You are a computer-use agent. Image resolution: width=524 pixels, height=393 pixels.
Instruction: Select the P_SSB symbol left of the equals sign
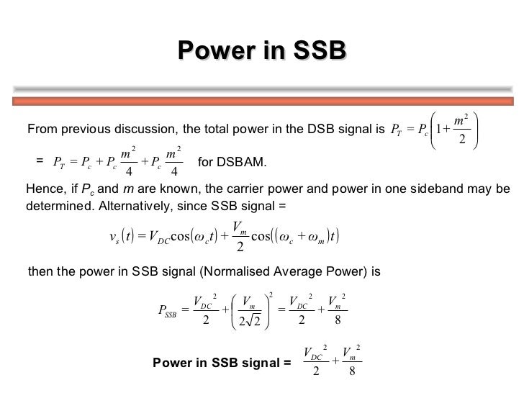pyautogui.click(x=168, y=311)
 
